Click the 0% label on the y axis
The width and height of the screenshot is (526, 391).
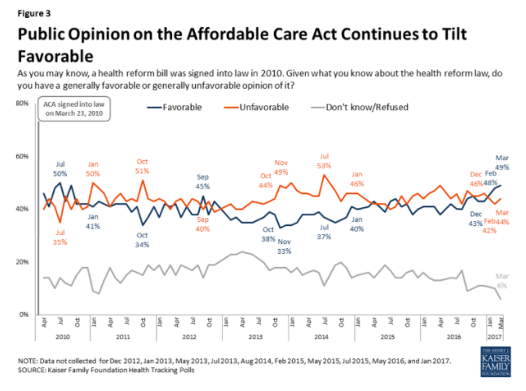[x=24, y=314]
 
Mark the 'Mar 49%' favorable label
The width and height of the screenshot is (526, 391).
[x=502, y=162]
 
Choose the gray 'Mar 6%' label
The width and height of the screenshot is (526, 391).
[x=502, y=279]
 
